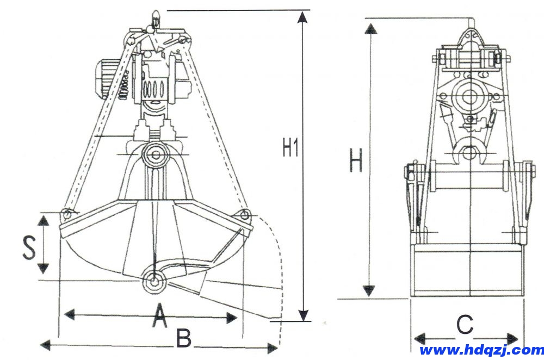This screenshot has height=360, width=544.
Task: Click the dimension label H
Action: pyautogui.click(x=355, y=162)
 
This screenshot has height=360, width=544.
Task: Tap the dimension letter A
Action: pyautogui.click(x=158, y=317)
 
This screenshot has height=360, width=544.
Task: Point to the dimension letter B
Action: pyautogui.click(x=183, y=339)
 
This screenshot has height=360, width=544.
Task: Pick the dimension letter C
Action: pyautogui.click(x=464, y=325)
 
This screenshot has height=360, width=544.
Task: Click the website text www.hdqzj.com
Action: pyautogui.click(x=481, y=350)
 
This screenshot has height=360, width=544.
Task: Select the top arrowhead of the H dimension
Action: pyautogui.click(x=370, y=29)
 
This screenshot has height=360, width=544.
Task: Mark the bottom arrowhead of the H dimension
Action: pyautogui.click(x=370, y=290)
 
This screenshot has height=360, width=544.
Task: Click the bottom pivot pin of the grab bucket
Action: pyautogui.click(x=154, y=282)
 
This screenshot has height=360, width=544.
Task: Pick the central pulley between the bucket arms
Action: pyautogui.click(x=156, y=156)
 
